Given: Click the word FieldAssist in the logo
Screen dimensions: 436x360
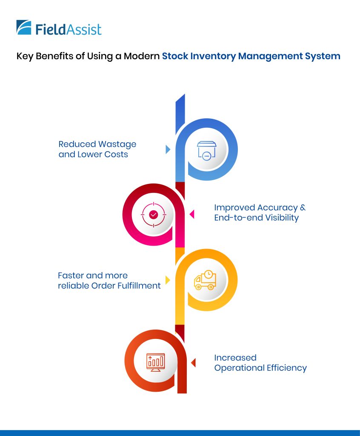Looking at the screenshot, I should tap(69, 29).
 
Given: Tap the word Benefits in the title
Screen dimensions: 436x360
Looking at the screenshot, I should tap(54, 56).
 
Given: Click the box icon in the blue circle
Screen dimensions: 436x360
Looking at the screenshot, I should tap(206, 150).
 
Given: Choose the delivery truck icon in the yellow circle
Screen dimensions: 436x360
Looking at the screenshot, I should tap(205, 280).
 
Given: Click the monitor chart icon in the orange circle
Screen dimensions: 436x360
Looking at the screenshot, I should tap(155, 362).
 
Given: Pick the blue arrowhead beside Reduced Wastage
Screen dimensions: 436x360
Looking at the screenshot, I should tap(168, 149).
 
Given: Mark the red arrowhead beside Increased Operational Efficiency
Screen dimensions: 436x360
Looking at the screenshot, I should tap(193, 363).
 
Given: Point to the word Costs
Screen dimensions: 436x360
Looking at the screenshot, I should tap(115, 154).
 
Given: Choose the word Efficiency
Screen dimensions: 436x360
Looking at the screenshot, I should tap(286, 367).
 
